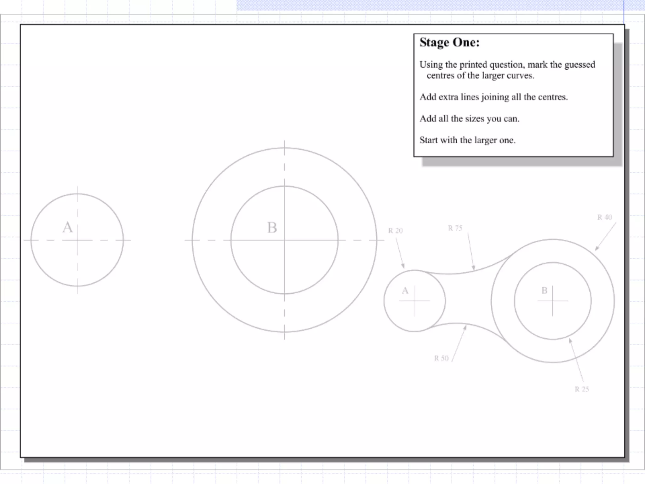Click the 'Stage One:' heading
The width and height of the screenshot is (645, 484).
(449, 43)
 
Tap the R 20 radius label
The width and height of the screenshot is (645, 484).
(395, 231)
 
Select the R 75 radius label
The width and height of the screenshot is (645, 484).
(455, 228)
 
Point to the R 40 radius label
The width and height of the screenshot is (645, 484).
(605, 217)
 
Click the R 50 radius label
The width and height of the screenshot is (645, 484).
(441, 358)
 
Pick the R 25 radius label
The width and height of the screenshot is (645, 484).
(582, 389)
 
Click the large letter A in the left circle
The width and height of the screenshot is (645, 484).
(67, 227)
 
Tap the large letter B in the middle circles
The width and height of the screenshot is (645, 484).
(272, 228)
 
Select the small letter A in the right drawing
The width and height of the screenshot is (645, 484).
(405, 291)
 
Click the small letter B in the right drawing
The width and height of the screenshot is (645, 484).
(544, 291)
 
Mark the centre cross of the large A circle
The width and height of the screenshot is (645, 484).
(77, 240)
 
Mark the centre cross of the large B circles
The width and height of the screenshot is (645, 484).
(284, 240)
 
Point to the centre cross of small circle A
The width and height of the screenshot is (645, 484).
(414, 301)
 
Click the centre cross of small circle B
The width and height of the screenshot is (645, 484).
(552, 301)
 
